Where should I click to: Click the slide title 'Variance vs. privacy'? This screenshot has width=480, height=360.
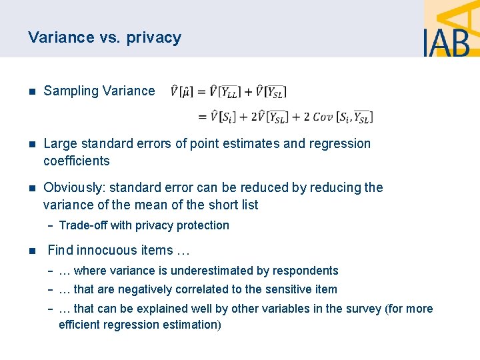(x=105, y=37)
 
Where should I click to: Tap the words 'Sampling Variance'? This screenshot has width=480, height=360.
(x=99, y=91)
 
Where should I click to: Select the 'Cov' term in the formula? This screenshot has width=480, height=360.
(x=323, y=116)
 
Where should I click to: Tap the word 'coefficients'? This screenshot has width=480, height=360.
(x=77, y=161)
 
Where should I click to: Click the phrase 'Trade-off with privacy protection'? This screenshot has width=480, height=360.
(x=144, y=225)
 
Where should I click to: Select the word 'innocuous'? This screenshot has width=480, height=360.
(x=105, y=251)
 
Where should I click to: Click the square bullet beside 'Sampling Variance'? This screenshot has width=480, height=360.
(x=31, y=91)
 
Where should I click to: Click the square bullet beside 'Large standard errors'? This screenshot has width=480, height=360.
(x=31, y=144)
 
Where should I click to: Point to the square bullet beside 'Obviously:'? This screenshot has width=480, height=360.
(x=31, y=188)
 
